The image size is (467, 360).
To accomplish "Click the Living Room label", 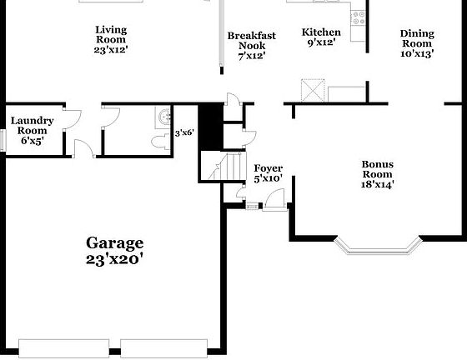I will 110,38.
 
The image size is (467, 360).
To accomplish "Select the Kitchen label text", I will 321,37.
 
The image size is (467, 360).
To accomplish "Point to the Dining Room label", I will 417,44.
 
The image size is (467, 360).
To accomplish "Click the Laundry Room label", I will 33,131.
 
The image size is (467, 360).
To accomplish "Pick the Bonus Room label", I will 377,174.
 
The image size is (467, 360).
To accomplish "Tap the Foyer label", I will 269,172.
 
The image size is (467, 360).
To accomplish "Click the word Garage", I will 115,243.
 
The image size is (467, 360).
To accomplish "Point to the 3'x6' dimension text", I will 183,132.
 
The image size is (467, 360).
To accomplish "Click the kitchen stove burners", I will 359,15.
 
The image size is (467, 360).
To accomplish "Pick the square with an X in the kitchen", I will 314,90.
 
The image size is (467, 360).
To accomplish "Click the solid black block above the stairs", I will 210,125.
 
